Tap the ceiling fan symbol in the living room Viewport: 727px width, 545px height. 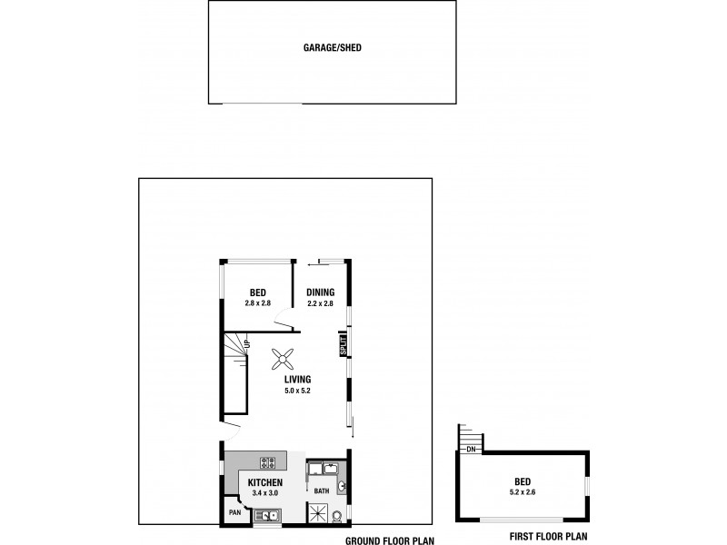pyautogui.click(x=282, y=360)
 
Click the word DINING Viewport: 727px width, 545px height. pyautogui.click(x=319, y=292)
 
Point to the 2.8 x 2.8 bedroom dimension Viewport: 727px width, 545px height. pyautogui.click(x=259, y=303)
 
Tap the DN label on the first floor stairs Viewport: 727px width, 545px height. pyautogui.click(x=470, y=448)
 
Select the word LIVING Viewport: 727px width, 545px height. pyautogui.click(x=297, y=380)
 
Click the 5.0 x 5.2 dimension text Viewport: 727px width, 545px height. pyautogui.click(x=297, y=391)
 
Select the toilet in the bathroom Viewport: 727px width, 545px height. pyautogui.click(x=337, y=517)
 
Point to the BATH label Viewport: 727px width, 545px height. pyautogui.click(x=321, y=491)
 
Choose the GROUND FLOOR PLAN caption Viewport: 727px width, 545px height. pyautogui.click(x=390, y=540)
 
